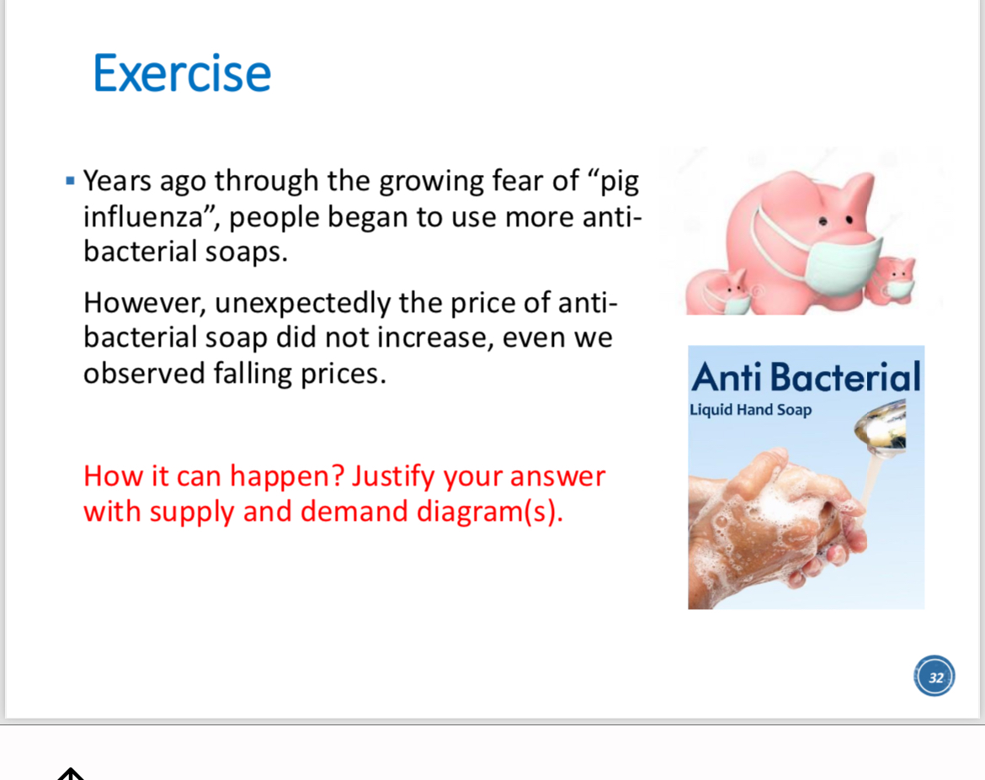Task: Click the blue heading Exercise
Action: click(x=182, y=73)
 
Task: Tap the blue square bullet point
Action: click(x=71, y=182)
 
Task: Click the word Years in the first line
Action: click(x=118, y=181)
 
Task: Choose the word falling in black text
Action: click(x=252, y=374)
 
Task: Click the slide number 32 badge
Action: click(x=934, y=677)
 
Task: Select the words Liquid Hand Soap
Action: click(x=751, y=410)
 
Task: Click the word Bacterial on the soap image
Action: click(x=845, y=377)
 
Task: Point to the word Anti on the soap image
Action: click(x=727, y=377)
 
